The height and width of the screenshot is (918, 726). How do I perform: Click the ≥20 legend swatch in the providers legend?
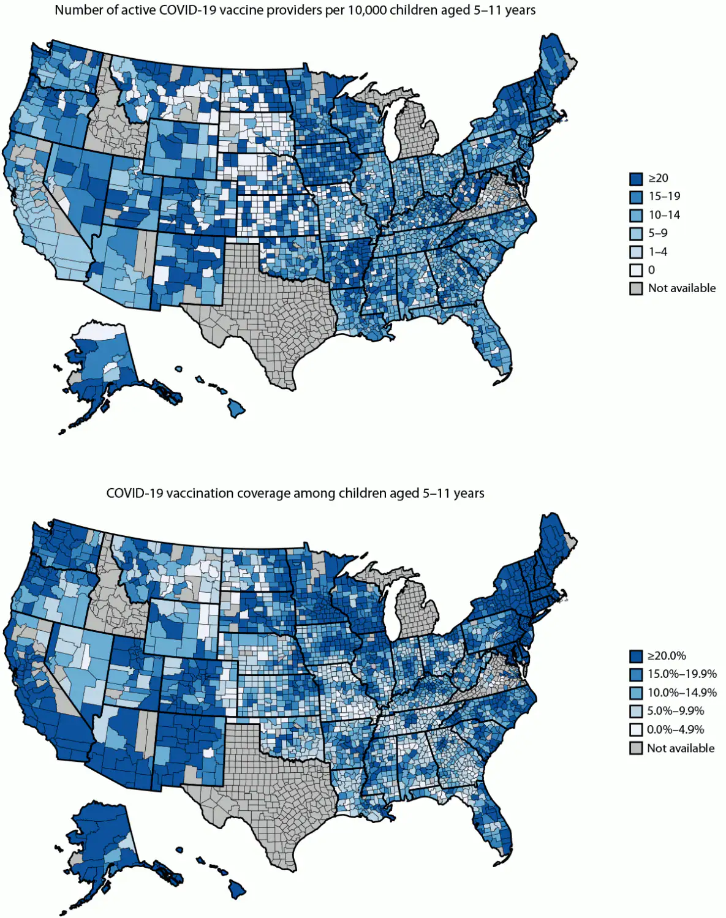(x=636, y=178)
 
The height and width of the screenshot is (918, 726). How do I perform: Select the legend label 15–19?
(x=664, y=197)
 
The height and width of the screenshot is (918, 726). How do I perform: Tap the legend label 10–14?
(x=664, y=215)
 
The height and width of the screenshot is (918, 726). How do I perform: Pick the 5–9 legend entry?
(x=658, y=233)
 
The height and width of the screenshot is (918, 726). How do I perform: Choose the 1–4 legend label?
(x=658, y=252)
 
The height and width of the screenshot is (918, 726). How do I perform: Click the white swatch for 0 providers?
(x=636, y=270)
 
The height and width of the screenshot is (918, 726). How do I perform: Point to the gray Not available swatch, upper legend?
(x=636, y=288)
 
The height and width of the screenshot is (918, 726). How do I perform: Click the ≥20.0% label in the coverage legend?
(x=667, y=656)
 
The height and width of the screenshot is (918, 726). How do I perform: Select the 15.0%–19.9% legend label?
(x=682, y=674)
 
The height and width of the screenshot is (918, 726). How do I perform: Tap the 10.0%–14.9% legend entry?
(x=682, y=693)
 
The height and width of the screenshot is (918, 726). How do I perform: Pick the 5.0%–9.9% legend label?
(x=676, y=711)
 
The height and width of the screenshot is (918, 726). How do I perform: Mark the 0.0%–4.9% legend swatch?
(x=636, y=730)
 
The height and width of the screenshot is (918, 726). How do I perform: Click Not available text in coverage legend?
(x=681, y=748)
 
